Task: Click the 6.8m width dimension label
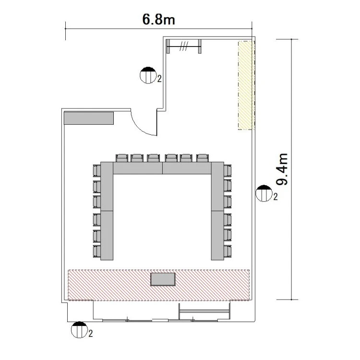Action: (x=159, y=19)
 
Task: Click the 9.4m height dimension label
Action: (x=282, y=169)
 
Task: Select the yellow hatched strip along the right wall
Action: (x=246, y=85)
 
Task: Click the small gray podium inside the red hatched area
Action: (x=163, y=279)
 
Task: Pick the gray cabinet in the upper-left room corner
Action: (x=89, y=118)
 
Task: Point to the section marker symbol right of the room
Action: (x=264, y=193)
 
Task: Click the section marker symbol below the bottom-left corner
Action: (x=79, y=330)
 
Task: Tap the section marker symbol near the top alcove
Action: (x=148, y=75)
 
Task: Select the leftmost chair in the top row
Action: (x=122, y=158)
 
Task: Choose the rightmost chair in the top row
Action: (x=203, y=158)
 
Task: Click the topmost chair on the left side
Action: (x=97, y=170)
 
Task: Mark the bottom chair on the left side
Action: (x=97, y=252)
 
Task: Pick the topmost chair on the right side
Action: (x=228, y=170)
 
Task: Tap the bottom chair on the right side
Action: (x=228, y=252)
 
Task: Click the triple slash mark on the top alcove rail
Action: (x=184, y=46)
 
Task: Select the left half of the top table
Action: (x=138, y=168)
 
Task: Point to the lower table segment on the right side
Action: (x=217, y=236)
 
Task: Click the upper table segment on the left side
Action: (x=107, y=186)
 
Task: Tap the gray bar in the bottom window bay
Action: (x=204, y=312)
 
